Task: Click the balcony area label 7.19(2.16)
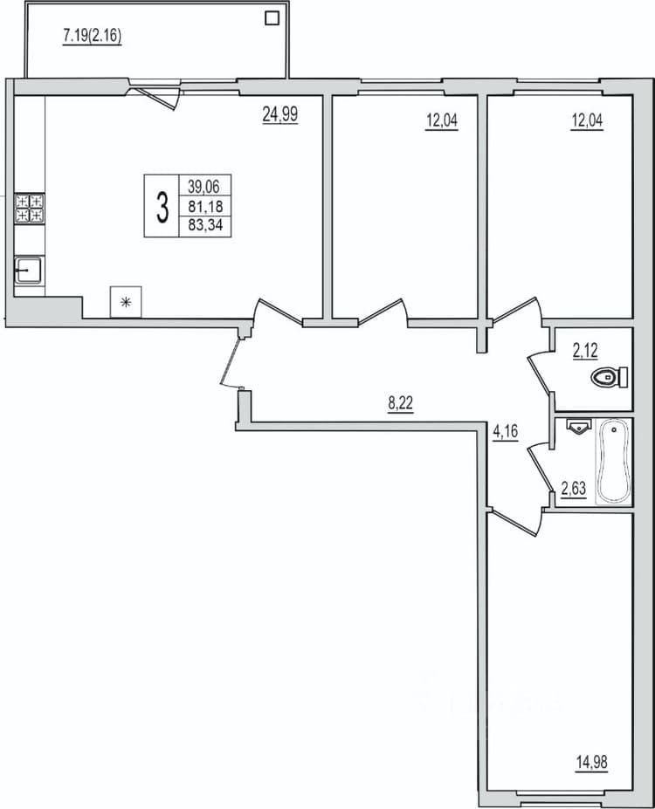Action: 92,36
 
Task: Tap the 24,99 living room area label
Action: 279,114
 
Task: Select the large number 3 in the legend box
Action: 162,206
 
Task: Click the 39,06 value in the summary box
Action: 203,186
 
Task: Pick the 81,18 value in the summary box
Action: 205,207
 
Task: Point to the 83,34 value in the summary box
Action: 205,225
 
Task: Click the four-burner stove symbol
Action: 30,209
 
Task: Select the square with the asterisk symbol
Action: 126,302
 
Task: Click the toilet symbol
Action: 610,377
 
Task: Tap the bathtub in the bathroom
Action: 613,462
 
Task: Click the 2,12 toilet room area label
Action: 585,352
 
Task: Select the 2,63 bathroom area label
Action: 574,488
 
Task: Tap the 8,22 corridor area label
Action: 401,403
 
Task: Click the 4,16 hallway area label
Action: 505,431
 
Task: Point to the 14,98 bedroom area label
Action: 591,762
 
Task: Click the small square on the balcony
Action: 272,18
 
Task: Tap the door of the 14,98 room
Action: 516,522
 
